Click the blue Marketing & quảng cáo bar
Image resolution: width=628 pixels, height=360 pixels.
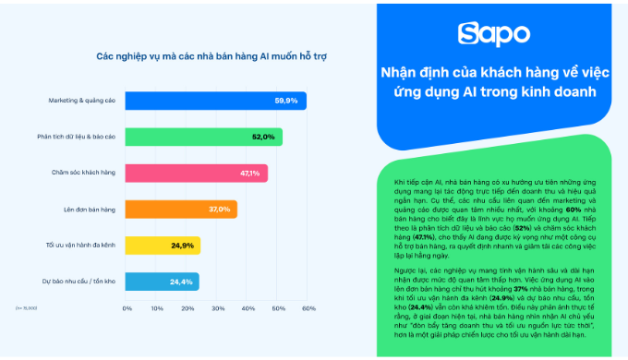click(215, 101)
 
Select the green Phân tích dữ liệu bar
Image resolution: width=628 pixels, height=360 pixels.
click(203, 137)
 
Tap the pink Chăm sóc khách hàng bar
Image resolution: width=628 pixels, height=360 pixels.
click(196, 173)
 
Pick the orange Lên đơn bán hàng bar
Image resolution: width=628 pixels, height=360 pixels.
click(181, 210)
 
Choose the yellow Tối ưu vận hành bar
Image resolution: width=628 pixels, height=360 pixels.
click(163, 246)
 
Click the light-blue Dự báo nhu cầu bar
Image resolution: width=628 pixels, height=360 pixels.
click(162, 282)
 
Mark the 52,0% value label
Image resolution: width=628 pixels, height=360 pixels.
click(262, 137)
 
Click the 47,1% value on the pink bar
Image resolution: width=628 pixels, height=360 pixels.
click(248, 173)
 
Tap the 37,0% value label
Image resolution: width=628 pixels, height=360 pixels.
click(219, 210)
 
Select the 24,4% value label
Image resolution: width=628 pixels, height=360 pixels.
click(181, 282)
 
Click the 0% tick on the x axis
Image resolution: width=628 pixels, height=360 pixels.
click(127, 307)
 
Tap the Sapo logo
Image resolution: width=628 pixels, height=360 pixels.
click(490, 33)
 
